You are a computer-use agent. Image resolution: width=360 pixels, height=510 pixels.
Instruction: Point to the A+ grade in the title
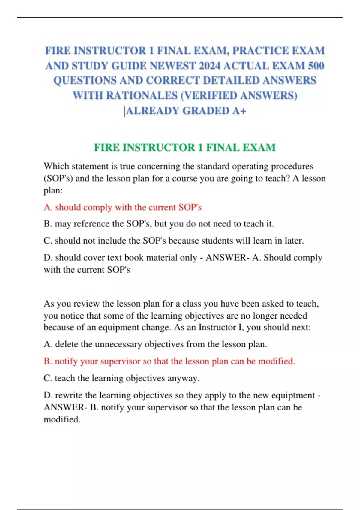[239, 111]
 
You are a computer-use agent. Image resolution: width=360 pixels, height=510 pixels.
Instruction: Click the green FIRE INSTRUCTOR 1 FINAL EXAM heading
[184, 147]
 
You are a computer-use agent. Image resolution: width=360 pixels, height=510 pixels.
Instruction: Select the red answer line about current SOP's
[122, 207]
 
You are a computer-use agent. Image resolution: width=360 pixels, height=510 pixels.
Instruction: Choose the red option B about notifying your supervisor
[169, 361]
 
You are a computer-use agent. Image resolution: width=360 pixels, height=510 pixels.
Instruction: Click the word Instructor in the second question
[217, 327]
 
